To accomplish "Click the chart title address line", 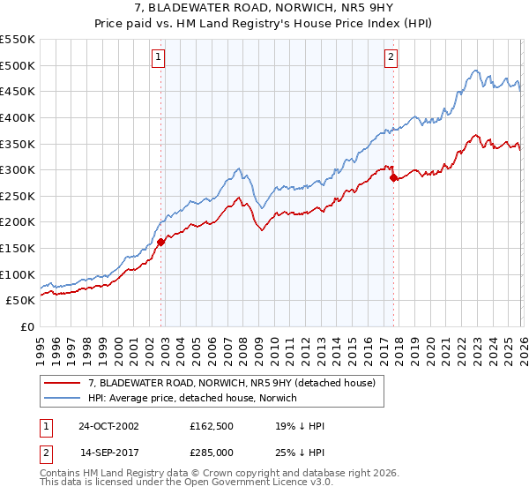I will (264, 9).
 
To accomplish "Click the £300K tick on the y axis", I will (18, 169).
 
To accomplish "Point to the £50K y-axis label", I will (20, 300).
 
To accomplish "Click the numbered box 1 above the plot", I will (159, 57).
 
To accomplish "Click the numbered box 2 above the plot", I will (391, 57).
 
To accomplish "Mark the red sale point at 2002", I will (161, 242).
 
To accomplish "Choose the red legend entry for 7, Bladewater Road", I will (233, 383).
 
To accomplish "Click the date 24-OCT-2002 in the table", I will (108, 425).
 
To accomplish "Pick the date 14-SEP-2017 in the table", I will (108, 454).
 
